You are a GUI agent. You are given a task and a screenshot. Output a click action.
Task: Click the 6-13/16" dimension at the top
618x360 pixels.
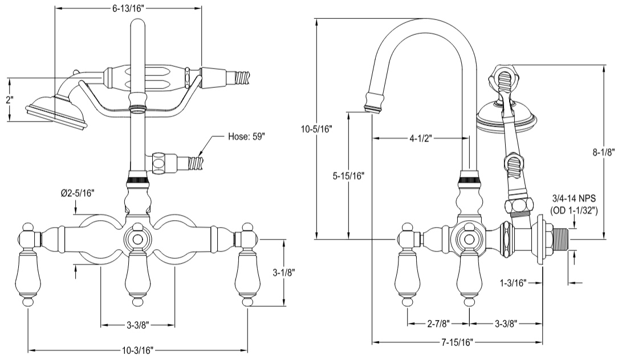[128, 8]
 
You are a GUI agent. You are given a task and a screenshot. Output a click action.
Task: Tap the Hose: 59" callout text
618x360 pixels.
[246, 137]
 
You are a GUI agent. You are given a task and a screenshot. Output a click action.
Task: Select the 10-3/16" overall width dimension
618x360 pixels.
[137, 349]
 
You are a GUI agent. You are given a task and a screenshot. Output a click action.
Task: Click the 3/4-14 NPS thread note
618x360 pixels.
[574, 199]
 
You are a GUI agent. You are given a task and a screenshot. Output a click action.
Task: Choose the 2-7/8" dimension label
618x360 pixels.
[438, 323]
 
